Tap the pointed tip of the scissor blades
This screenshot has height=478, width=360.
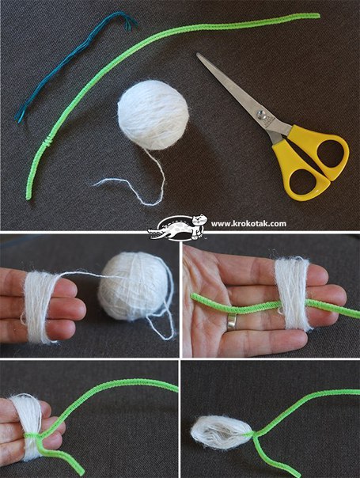click(x=198, y=54)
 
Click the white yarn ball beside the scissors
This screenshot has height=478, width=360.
click(x=153, y=115)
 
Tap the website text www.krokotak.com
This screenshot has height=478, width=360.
click(x=248, y=224)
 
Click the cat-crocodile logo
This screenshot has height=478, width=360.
click(x=177, y=227)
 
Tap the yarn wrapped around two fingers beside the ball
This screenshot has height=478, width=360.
click(x=38, y=306)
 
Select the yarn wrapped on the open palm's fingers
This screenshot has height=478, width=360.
click(x=292, y=294)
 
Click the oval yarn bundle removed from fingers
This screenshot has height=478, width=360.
click(x=221, y=432)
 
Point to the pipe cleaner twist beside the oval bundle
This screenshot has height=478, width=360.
click(x=254, y=434)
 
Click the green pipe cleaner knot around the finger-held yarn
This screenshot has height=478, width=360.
click(x=33, y=435)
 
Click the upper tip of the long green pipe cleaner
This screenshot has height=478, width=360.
click(x=318, y=15)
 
